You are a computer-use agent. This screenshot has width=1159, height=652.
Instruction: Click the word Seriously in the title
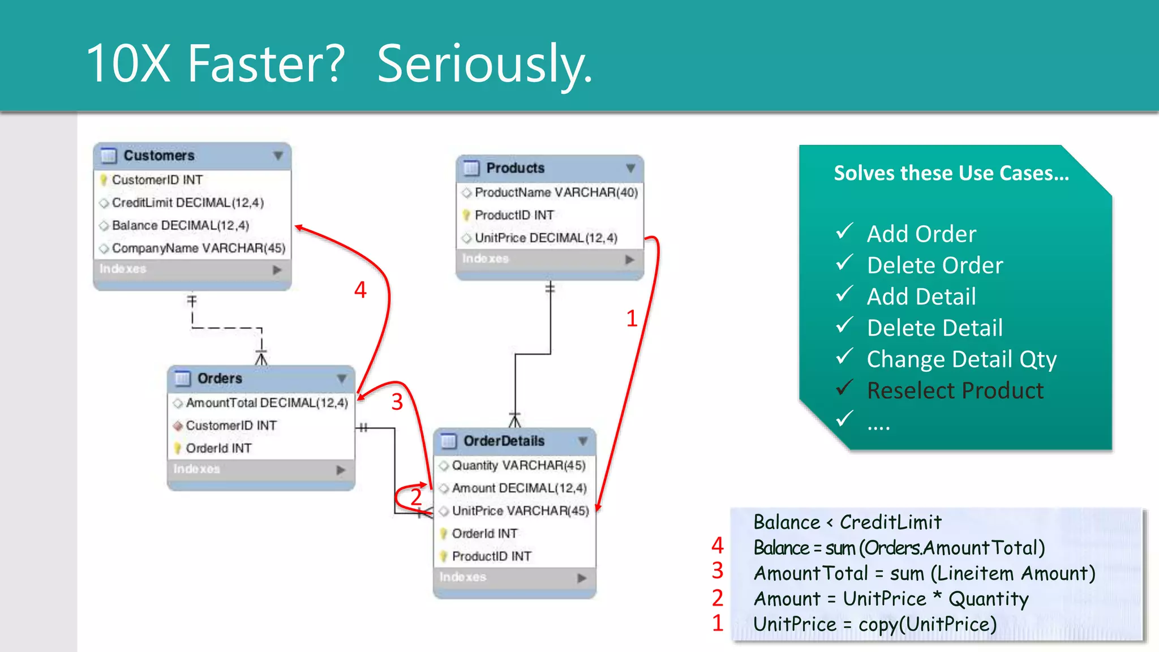484,63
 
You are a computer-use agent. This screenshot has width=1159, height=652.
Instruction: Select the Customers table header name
159,156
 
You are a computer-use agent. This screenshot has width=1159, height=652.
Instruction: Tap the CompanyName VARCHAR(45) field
198,248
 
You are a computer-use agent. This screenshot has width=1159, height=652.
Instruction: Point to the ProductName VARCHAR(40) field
556,193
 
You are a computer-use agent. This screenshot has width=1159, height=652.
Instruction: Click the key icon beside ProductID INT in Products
466,216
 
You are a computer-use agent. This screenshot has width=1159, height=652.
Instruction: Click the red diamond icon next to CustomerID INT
178,426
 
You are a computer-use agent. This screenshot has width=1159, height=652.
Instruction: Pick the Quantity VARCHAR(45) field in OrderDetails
518,465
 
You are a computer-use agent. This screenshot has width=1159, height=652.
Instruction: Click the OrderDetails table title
504,441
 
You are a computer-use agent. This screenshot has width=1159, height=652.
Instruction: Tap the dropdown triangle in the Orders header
342,379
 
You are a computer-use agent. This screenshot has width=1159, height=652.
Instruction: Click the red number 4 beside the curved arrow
360,290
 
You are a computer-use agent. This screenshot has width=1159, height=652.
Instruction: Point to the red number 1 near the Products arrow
632,319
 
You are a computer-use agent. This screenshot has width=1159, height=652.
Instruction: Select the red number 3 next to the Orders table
397,402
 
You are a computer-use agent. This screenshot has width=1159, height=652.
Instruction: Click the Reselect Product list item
955,391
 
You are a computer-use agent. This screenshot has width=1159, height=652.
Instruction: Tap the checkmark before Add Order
844,231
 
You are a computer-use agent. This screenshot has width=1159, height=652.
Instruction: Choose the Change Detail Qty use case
961,359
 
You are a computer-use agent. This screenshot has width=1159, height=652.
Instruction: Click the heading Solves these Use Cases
951,173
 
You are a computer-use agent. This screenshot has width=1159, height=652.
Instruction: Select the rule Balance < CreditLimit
847,522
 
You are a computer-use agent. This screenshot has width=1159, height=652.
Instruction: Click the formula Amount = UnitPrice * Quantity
891,599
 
